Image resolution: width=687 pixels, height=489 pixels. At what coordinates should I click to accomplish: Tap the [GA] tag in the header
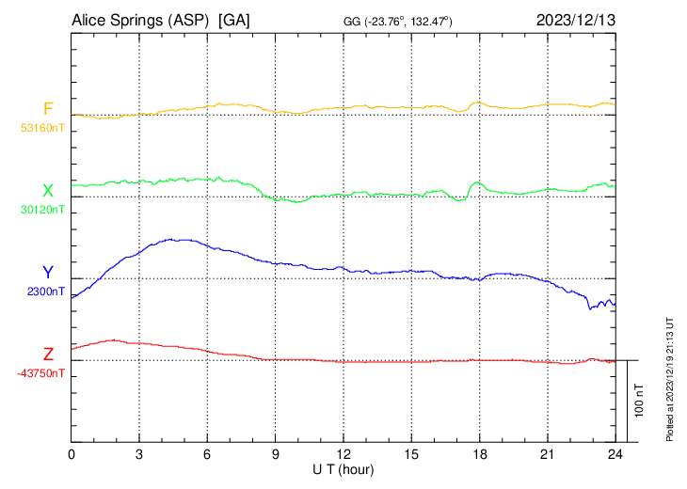(234, 20)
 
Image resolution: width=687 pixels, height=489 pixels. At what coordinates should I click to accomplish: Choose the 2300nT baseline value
(46, 292)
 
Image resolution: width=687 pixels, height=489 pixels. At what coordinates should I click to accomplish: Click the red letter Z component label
(48, 355)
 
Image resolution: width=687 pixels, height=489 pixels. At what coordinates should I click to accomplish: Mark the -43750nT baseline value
(41, 373)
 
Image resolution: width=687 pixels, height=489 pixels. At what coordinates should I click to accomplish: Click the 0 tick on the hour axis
(72, 452)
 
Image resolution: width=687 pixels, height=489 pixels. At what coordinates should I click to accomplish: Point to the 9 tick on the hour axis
(276, 452)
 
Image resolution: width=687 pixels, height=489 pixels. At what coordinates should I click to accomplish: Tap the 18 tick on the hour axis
(479, 452)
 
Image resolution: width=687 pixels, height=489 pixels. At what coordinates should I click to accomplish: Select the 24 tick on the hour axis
(615, 452)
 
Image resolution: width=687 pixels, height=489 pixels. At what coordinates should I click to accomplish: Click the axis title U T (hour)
(343, 467)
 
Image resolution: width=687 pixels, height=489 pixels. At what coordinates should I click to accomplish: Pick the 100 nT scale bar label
(640, 400)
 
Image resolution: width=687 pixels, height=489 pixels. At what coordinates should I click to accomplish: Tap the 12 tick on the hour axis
(343, 452)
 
